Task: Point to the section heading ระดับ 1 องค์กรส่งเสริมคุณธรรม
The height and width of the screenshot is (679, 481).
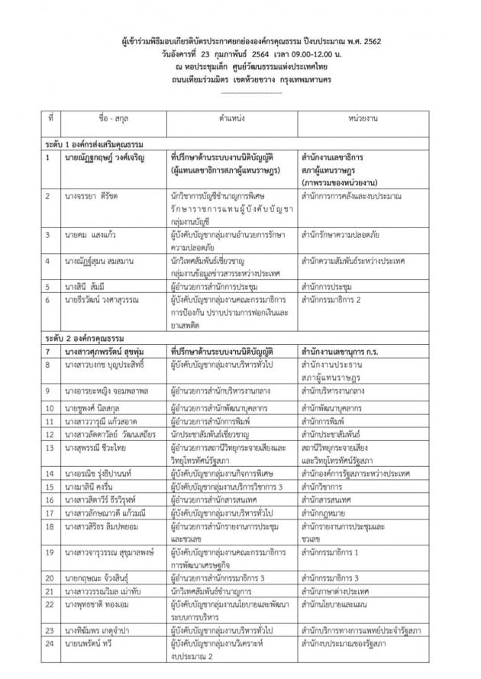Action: (95, 144)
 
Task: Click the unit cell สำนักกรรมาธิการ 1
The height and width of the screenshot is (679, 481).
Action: (335, 551)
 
